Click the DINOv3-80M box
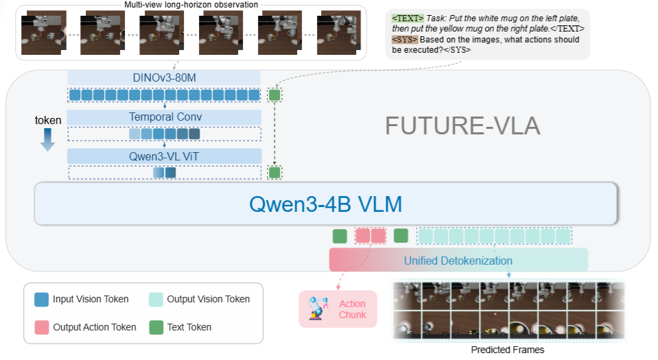pos(164,77)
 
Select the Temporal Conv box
pos(164,117)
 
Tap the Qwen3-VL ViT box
pos(164,156)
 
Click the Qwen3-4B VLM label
pos(326,204)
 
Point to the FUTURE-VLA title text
pos(462,126)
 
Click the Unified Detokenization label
pos(458,261)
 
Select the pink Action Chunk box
pos(338,309)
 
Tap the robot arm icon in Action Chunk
pos(317,309)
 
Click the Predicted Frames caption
pos(507,350)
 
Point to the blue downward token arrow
pos(47,139)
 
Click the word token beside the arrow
pos(48,121)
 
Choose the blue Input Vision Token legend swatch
pos(42,300)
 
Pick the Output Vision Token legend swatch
pos(156,300)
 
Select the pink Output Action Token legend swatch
pos(42,327)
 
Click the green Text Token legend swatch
pos(156,327)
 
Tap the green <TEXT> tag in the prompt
pos(408,19)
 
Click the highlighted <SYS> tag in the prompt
pos(405,40)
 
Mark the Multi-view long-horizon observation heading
pos(191,5)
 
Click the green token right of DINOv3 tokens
pos(274,95)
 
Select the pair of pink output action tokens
pos(371,236)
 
